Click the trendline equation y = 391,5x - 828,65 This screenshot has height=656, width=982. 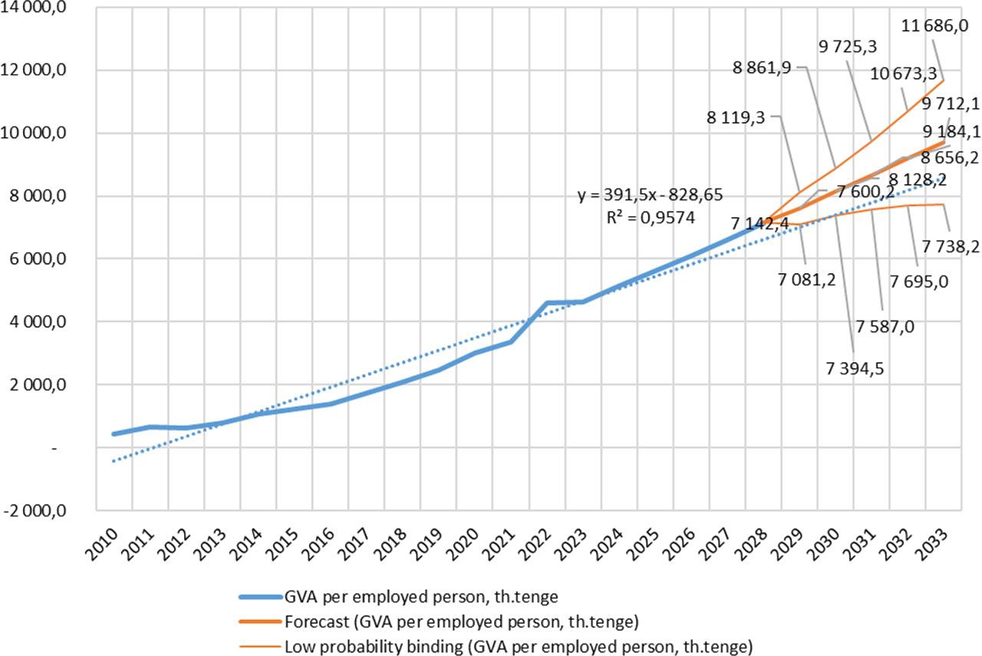(x=650, y=195)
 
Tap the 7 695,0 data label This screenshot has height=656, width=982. (x=919, y=281)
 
